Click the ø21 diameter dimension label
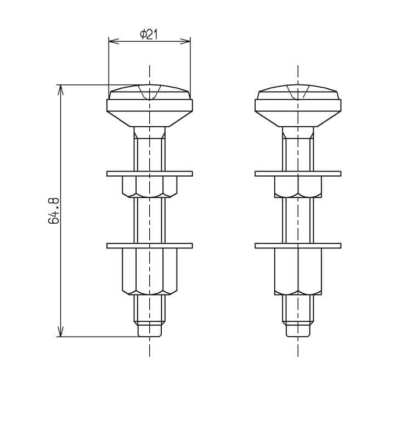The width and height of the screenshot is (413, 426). [149, 35]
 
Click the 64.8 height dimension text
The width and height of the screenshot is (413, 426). [54, 211]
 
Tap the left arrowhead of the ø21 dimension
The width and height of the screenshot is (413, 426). [114, 41]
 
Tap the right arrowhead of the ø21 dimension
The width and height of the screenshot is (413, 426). [185, 41]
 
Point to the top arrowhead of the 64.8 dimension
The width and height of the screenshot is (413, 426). [60, 90]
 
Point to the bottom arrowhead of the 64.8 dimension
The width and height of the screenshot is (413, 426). [60, 332]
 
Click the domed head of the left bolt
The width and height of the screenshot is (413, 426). [150, 92]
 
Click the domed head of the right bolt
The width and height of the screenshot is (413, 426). [298, 92]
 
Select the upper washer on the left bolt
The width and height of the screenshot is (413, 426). [150, 174]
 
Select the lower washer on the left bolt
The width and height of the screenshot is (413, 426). [150, 246]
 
